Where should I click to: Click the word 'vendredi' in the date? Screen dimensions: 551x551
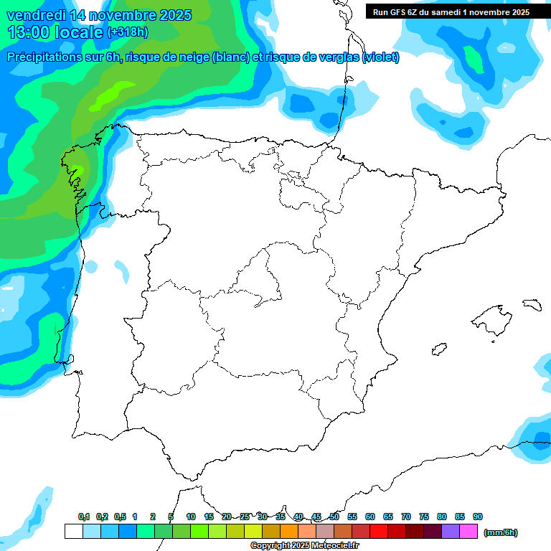32,15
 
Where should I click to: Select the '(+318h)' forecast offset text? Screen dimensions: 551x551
128,32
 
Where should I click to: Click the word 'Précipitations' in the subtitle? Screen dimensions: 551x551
47,57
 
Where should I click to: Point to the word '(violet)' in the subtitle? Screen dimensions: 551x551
381,57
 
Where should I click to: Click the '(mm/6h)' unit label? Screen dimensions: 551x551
500,532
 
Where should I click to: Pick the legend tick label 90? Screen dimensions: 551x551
478,517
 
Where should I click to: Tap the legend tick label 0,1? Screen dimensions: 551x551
83,517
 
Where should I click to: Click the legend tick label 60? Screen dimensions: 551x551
370,517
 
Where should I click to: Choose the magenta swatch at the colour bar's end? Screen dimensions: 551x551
469,532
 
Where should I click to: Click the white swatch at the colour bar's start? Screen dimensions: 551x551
73,532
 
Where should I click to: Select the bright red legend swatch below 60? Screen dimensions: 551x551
380,532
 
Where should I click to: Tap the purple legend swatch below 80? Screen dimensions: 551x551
451,532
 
